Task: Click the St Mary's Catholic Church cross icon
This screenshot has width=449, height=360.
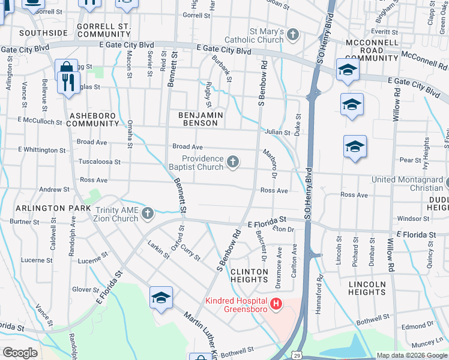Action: click(x=293, y=34)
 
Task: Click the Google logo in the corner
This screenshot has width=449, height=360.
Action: click(x=20, y=353)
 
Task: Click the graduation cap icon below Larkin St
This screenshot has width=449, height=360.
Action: click(x=161, y=298)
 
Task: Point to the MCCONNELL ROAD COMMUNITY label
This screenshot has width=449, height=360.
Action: click(x=372, y=50)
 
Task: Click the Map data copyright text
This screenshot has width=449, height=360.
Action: click(x=411, y=355)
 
